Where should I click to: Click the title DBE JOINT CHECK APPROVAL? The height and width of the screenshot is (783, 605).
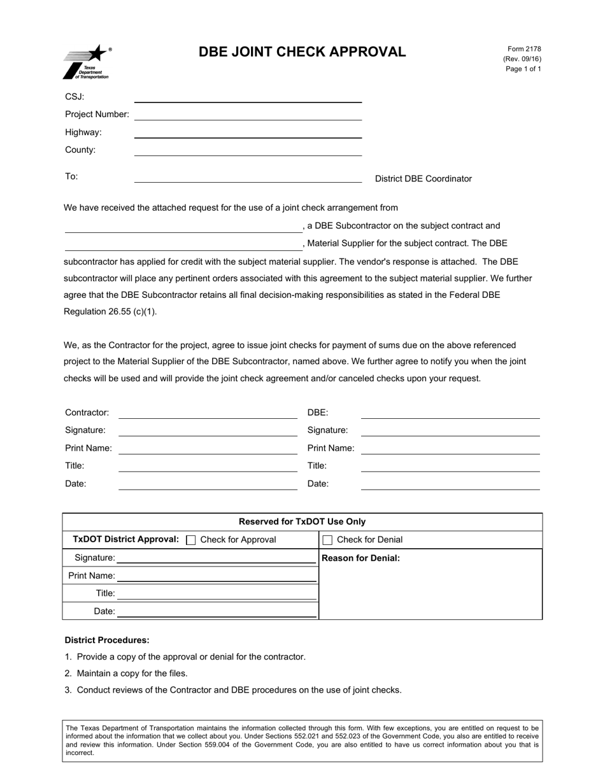tap(302, 52)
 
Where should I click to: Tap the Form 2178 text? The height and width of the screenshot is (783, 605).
tap(524, 49)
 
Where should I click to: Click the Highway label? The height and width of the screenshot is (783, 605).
tap(83, 132)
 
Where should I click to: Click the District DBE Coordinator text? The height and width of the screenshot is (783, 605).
tap(423, 179)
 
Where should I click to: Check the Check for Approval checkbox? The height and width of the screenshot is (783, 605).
tap(190, 540)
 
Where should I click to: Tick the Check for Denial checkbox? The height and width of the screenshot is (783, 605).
tap(328, 540)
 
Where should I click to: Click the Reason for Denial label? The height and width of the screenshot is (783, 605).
tap(361, 558)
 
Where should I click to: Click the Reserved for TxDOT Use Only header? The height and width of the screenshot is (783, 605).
tap(302, 521)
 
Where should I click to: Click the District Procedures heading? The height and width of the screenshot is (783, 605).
tap(107, 640)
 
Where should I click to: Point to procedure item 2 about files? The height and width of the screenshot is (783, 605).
tap(132, 674)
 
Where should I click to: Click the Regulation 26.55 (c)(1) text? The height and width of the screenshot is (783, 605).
tap(110, 312)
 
